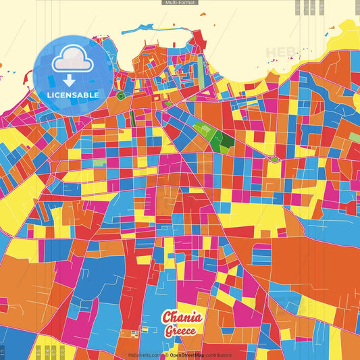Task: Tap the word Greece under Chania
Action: coord(180,332)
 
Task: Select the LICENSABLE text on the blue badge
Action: coord(73,95)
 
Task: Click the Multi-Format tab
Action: coord(180,3)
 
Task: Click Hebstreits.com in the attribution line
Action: coord(146,355)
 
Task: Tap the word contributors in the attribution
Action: coord(218,355)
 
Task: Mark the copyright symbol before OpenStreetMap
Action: coord(167,355)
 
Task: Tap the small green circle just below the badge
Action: coord(120,97)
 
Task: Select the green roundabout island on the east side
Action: coord(275,159)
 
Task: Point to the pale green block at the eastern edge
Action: coord(354,137)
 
